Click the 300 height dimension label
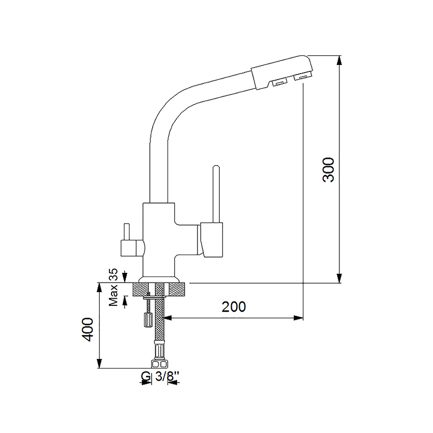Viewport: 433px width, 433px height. pos(329,169)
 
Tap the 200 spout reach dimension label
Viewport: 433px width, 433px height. pos(234,307)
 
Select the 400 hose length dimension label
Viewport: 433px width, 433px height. pos(88,330)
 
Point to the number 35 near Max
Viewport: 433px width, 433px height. pos(113,275)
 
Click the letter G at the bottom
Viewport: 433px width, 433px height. pos(146,376)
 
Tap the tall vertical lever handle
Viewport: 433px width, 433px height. pos(216,194)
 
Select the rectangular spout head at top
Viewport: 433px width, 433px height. pos(282,73)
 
